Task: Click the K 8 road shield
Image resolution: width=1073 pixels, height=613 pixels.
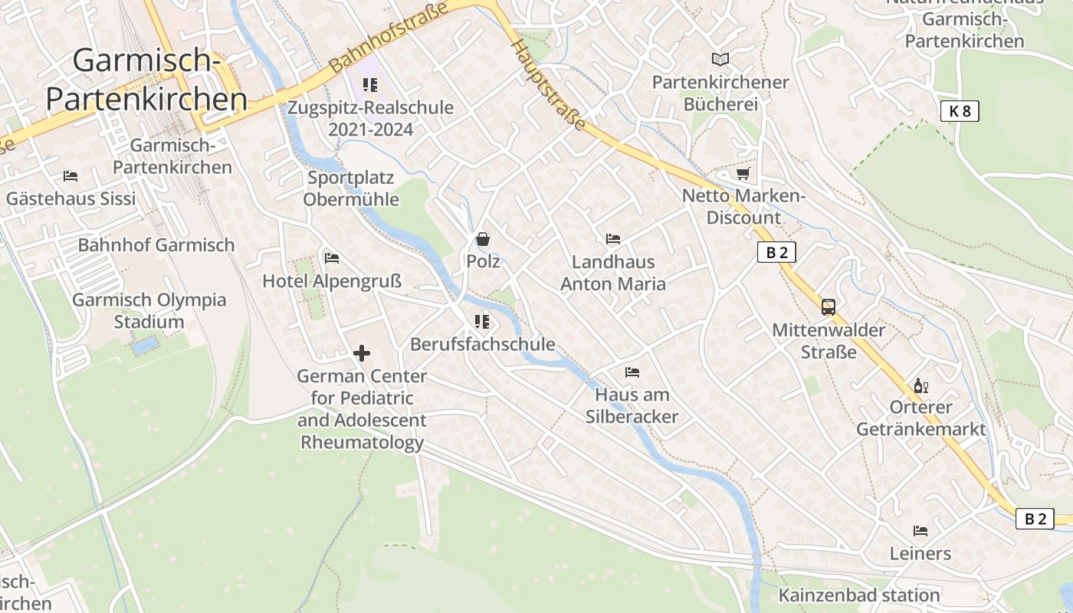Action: tap(960, 111)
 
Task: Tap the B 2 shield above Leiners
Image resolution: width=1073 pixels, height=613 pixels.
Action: tap(1035, 519)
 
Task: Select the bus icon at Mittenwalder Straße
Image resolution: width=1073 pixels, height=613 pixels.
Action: tap(829, 307)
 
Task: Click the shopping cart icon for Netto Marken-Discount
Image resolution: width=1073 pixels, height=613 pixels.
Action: tap(743, 173)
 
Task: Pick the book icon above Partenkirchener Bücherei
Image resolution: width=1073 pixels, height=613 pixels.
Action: tap(720, 59)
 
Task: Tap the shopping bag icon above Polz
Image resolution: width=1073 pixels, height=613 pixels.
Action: tap(483, 239)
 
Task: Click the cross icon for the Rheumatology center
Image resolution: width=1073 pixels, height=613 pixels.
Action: tap(362, 353)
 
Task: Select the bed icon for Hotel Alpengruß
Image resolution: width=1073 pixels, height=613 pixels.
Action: tap(332, 258)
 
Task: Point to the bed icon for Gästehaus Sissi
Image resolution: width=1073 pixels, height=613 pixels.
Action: tap(71, 176)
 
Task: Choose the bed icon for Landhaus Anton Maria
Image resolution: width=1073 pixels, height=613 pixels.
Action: tap(613, 239)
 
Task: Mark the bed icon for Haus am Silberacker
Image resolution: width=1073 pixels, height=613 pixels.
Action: tap(632, 372)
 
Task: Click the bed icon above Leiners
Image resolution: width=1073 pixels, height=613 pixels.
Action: tap(920, 530)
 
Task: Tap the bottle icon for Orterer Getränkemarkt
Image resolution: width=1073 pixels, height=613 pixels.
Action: tap(920, 385)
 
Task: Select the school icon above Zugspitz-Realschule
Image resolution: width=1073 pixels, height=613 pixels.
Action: tap(370, 85)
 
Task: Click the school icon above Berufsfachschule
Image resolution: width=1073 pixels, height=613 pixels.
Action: tap(482, 322)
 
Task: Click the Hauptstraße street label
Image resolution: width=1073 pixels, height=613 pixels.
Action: tap(549, 84)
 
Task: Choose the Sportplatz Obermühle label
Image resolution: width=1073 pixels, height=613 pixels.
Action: tap(351, 188)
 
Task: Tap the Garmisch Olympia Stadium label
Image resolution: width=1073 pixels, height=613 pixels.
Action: tap(149, 310)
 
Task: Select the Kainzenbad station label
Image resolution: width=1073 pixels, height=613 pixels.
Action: tap(859, 595)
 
